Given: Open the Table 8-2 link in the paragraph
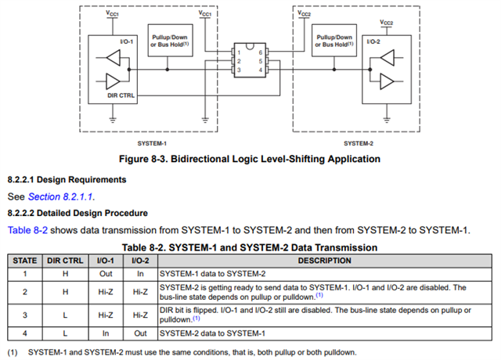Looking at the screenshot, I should click(x=27, y=229).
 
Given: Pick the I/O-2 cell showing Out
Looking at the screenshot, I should click(x=140, y=333).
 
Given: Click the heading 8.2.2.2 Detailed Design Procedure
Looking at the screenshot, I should click(x=77, y=213).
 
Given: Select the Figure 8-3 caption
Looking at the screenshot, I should click(x=249, y=159).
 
